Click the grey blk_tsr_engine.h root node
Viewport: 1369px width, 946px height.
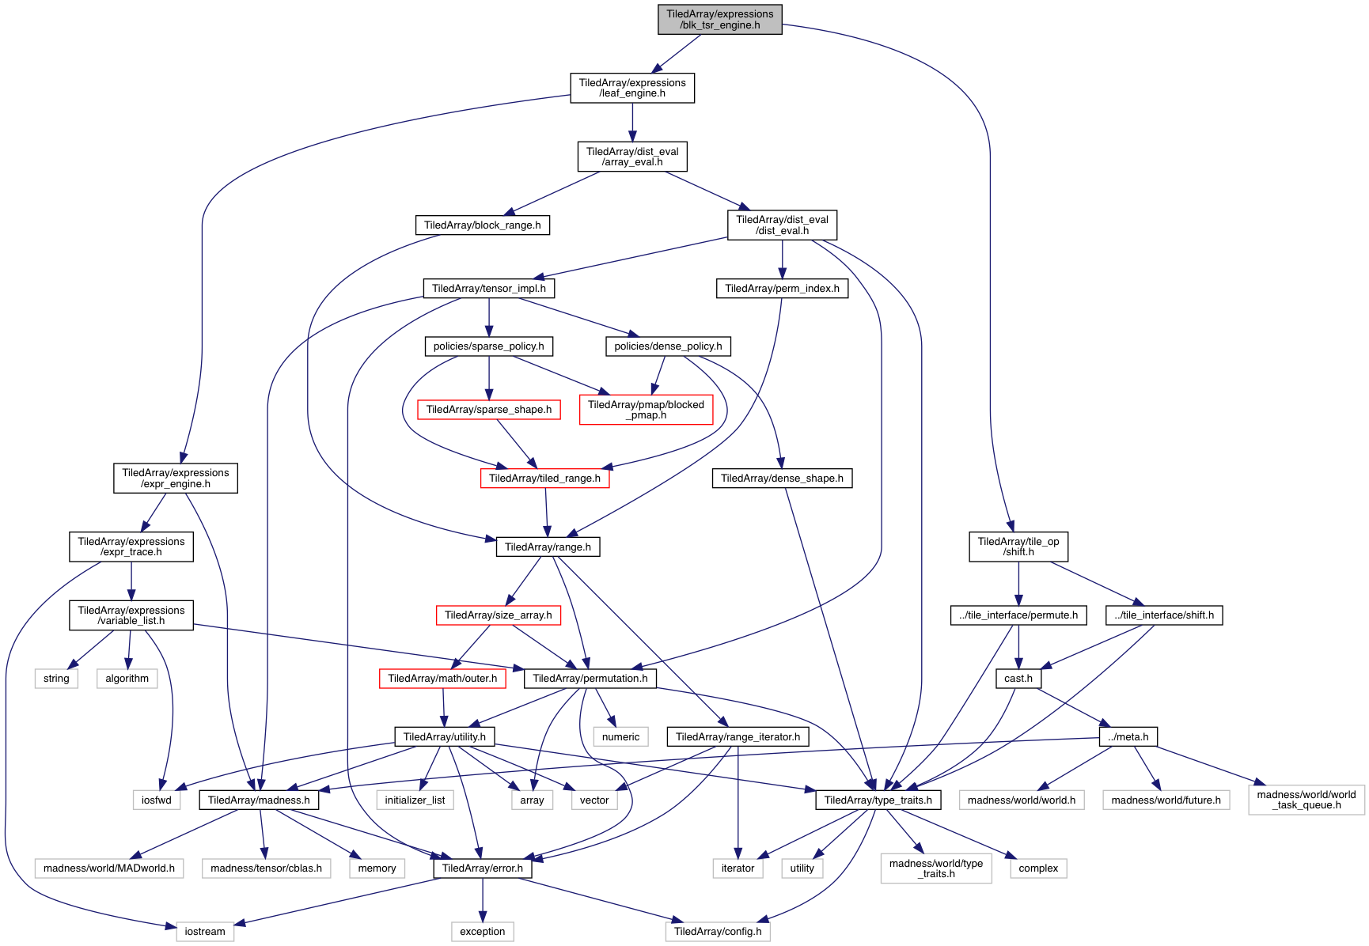coord(719,20)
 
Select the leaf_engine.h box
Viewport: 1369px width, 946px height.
coord(631,88)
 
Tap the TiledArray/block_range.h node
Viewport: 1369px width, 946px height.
coord(482,225)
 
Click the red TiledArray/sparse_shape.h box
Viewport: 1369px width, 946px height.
coord(488,410)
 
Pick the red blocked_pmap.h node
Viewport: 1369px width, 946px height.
coord(646,410)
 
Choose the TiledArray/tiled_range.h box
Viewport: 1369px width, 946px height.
coord(544,479)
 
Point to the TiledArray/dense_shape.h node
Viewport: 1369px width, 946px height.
coord(781,479)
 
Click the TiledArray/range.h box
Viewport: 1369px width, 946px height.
coord(548,547)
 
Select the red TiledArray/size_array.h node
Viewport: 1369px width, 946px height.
coord(498,615)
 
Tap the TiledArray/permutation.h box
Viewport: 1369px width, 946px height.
coord(590,679)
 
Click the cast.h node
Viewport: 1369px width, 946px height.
coord(1018,679)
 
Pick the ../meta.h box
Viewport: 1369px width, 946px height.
coord(1128,737)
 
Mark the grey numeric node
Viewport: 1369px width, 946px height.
coord(620,737)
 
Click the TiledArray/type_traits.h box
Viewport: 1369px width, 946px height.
coord(878,800)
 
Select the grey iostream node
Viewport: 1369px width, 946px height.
coord(205,932)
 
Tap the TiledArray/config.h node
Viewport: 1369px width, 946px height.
coord(718,932)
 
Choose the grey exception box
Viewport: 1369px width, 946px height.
coord(482,932)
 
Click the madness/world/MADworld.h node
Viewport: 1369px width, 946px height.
coord(109,868)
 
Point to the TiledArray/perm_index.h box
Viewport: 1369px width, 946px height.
coord(782,289)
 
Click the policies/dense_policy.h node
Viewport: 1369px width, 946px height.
coord(668,346)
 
